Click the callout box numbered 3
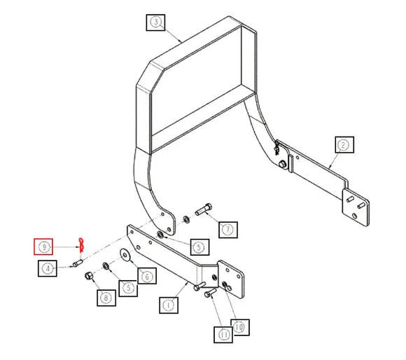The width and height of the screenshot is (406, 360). (x=155, y=22)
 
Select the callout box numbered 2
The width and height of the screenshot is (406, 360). (x=344, y=145)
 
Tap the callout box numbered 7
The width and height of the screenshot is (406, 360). (x=228, y=230)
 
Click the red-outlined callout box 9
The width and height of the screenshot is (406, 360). (x=43, y=247)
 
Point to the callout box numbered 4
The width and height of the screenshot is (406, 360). (x=48, y=268)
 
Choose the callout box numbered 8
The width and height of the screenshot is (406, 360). (x=106, y=298)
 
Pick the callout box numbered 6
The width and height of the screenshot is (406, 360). (x=147, y=276)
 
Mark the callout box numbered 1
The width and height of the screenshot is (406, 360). (x=169, y=305)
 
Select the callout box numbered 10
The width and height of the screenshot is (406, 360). (x=240, y=327)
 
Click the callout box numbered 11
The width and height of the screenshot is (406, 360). (x=223, y=335)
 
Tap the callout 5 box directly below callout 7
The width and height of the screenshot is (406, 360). (x=199, y=247)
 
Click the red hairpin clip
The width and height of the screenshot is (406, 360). (x=82, y=245)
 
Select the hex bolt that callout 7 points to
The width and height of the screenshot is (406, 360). (x=204, y=209)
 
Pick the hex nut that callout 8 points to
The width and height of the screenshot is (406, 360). (x=89, y=276)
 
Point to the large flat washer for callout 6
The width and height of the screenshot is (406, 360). (x=125, y=254)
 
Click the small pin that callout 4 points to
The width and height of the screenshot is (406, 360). (x=78, y=263)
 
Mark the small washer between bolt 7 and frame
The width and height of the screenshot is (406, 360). (x=186, y=219)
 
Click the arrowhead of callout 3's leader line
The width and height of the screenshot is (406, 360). (x=180, y=41)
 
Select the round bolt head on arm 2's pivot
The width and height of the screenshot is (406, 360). (x=282, y=163)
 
